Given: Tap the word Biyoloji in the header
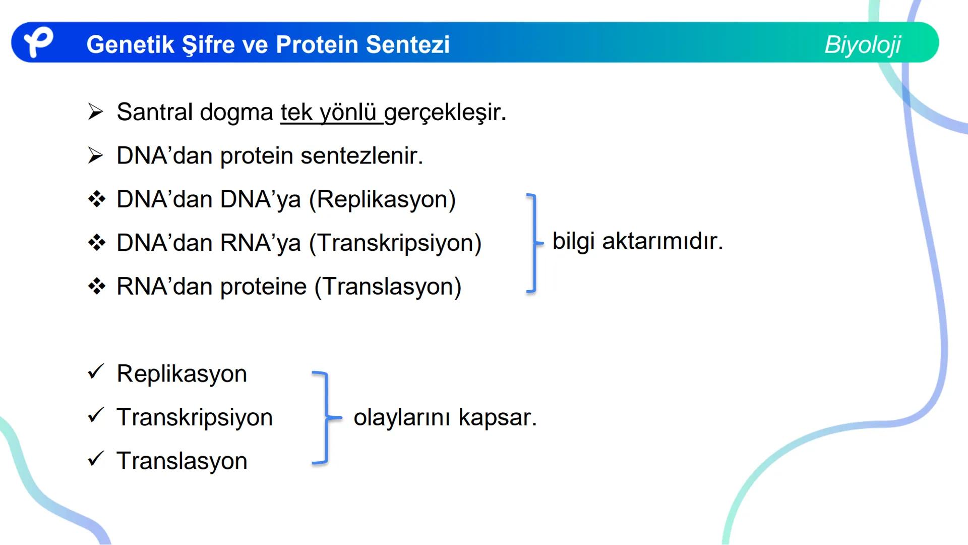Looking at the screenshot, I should click(x=862, y=44).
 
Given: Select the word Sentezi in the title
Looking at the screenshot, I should click(x=408, y=44).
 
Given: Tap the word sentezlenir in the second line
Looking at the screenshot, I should click(x=361, y=155).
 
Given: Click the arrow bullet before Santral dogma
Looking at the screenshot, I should click(x=95, y=112).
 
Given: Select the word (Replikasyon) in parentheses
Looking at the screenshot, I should click(x=382, y=199).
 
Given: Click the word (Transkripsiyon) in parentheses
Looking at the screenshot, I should click(x=395, y=243).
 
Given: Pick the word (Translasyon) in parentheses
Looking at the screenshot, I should click(x=388, y=287).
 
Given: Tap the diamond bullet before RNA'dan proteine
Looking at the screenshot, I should click(x=96, y=287).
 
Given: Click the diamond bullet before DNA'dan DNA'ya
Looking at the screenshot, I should click(x=96, y=199).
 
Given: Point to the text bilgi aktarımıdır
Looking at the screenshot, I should click(x=637, y=241).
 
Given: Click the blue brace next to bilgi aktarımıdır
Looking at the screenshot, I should click(x=533, y=243).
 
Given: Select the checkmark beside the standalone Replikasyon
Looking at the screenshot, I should click(x=95, y=372).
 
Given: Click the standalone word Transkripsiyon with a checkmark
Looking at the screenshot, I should click(x=195, y=417).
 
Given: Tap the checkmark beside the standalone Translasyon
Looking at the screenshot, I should click(x=95, y=459).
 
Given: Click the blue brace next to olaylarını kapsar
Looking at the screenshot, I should click(x=325, y=417).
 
